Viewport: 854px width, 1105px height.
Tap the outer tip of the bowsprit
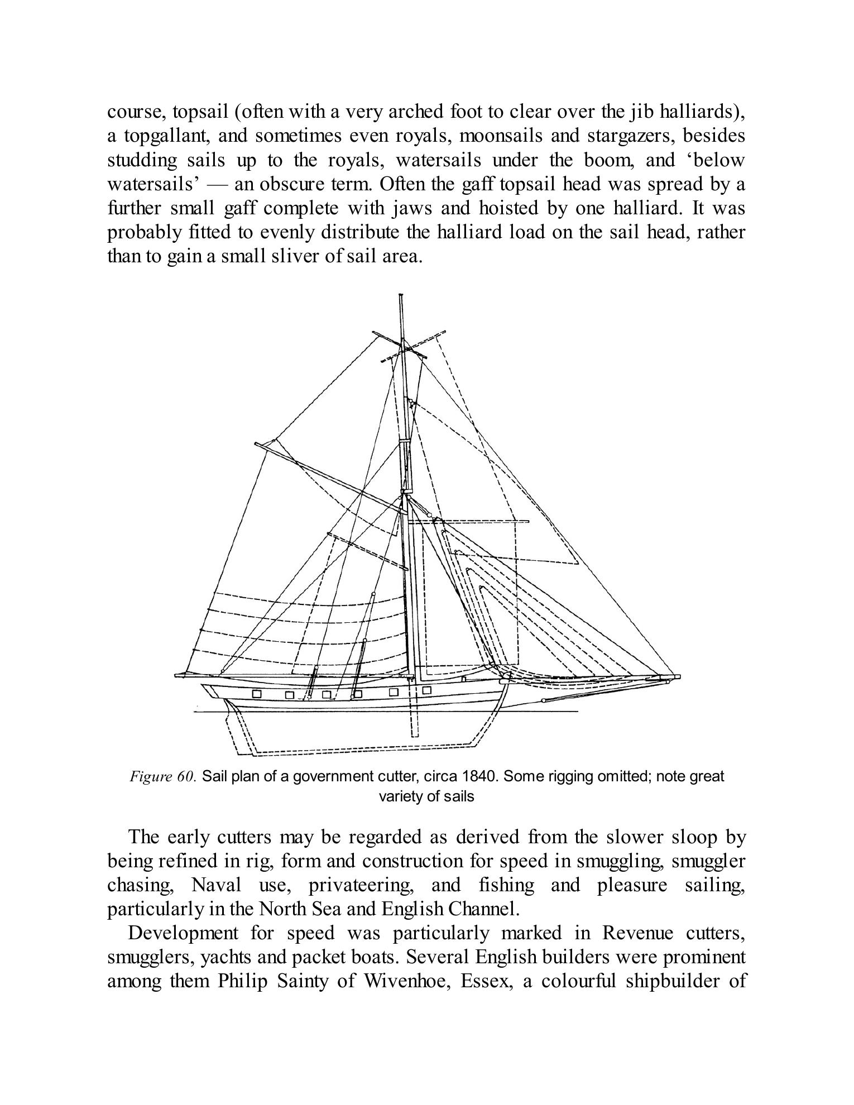[678, 676]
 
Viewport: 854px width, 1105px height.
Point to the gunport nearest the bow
[427, 690]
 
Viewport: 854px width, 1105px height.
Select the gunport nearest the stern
[257, 694]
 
